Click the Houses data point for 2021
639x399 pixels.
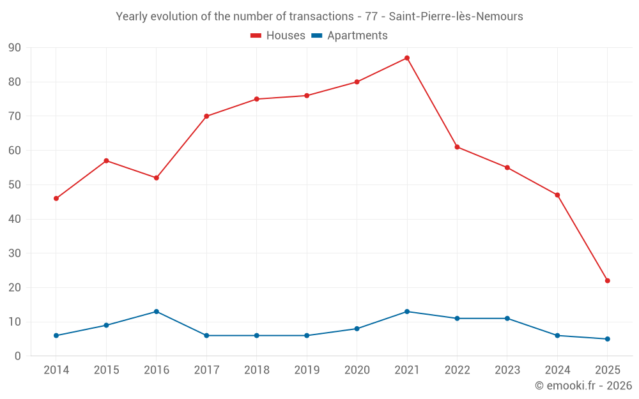tap(407, 58)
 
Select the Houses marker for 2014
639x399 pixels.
tap(56, 199)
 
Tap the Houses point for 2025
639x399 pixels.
tap(608, 281)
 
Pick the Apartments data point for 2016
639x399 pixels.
tap(157, 312)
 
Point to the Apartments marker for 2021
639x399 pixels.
tap(407, 312)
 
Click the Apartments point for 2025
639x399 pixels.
tap(608, 339)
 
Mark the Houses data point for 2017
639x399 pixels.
tap(206, 116)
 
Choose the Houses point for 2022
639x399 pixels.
tap(457, 147)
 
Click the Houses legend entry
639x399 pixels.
tap(278, 36)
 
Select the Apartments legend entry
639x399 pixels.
tap(350, 36)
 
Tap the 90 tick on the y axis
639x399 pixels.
tap(15, 48)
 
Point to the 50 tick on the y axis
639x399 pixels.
tap(15, 185)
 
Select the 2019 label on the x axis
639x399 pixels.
tap(307, 370)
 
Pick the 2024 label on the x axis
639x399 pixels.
tap(557, 370)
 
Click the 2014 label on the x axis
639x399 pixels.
tap(56, 370)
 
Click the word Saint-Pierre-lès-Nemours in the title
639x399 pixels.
tap(456, 17)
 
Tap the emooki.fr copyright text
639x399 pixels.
tap(583, 386)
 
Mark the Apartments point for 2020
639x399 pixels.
tap(357, 329)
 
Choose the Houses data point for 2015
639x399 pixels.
tap(106, 161)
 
